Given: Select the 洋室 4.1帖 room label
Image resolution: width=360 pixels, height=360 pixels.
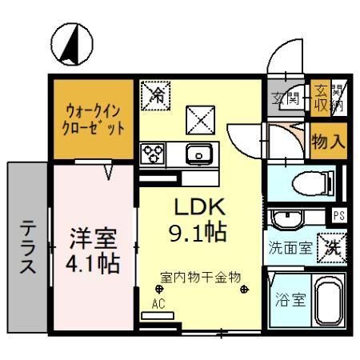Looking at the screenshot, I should click(94, 250).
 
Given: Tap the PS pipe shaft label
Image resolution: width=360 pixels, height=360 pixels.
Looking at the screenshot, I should click(338, 214).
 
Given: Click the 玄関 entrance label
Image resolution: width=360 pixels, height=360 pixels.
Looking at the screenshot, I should click(285, 99).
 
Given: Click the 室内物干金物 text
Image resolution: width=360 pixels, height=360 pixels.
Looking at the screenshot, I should click(201, 277).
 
